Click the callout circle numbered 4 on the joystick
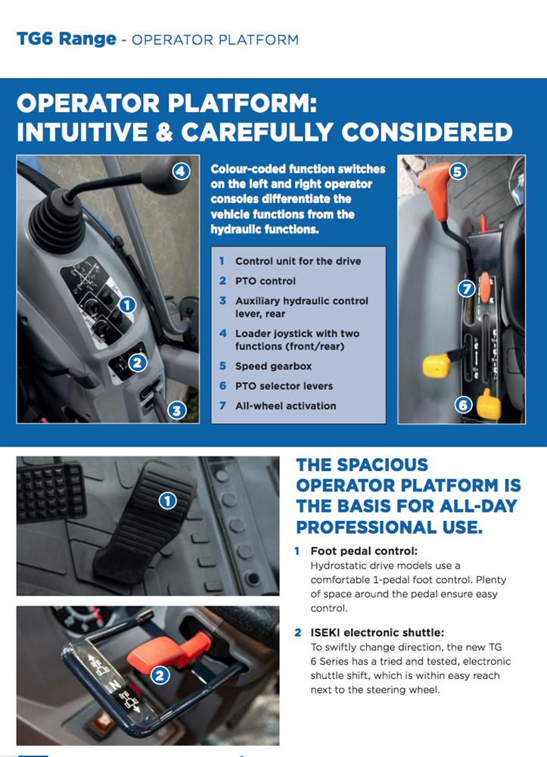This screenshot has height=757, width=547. pyautogui.click(x=180, y=171)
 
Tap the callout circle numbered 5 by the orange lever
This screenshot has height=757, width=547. pyautogui.click(x=458, y=171)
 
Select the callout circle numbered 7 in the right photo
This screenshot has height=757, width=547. pyautogui.click(x=466, y=288)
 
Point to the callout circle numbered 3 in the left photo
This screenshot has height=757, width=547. pyautogui.click(x=177, y=410)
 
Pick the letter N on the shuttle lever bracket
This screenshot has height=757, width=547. pyautogui.click(x=114, y=684)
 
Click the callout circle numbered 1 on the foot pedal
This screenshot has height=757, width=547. pyautogui.click(x=167, y=500)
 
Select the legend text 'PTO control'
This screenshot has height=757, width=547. pyautogui.click(x=266, y=281)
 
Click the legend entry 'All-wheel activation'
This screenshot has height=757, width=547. pyautogui.click(x=285, y=406)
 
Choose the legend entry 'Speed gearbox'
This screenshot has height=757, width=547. pyautogui.click(x=274, y=366)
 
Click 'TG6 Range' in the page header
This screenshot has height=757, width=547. pyautogui.click(x=67, y=39)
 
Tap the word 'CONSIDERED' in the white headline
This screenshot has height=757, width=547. pyautogui.click(x=427, y=132)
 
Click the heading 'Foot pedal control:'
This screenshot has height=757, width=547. pyautogui.click(x=364, y=551)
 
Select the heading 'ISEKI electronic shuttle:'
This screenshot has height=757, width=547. pyautogui.click(x=378, y=632)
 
